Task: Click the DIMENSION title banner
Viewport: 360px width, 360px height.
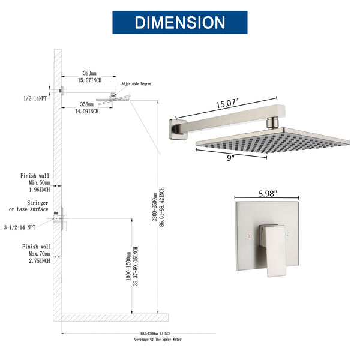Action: coord(180,22)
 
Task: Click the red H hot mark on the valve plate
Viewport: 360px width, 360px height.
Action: coord(248,236)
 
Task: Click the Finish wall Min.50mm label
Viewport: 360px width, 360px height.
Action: coord(35,182)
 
